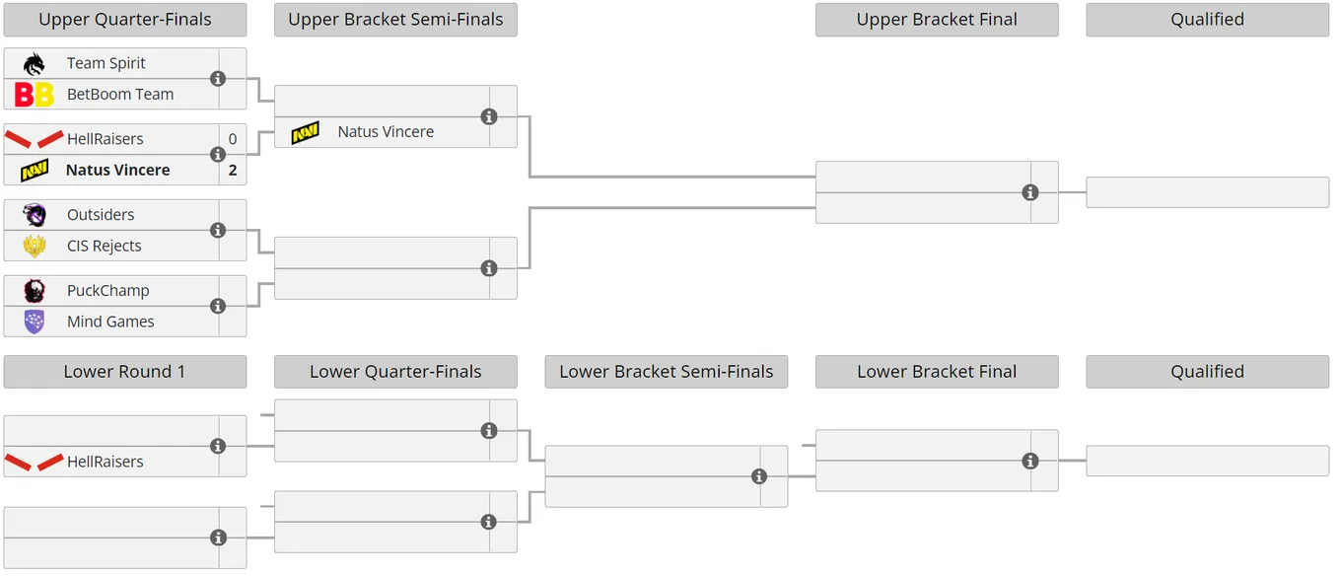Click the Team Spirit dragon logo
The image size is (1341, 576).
click(35, 63)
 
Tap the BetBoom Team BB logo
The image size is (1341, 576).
click(35, 95)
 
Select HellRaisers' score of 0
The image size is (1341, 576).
click(233, 139)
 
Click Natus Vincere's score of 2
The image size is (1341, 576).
click(233, 170)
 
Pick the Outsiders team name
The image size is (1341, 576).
click(101, 214)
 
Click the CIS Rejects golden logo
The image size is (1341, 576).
click(35, 246)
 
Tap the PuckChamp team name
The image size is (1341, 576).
click(108, 290)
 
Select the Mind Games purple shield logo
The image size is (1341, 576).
click(35, 322)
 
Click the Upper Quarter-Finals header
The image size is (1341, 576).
click(125, 20)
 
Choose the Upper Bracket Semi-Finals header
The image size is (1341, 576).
click(395, 20)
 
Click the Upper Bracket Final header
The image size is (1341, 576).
click(937, 20)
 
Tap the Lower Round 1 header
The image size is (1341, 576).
click(125, 372)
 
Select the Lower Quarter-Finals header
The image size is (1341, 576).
click(395, 372)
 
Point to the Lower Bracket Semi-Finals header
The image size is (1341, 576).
click(667, 372)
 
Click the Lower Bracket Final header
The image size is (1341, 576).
click(937, 372)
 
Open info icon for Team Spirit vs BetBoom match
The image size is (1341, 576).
click(218, 79)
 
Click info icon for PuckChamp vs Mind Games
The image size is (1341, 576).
click(218, 306)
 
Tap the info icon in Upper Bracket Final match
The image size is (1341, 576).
click(1029, 192)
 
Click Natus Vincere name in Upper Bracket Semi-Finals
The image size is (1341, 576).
click(386, 132)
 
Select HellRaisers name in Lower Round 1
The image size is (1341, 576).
click(106, 462)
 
